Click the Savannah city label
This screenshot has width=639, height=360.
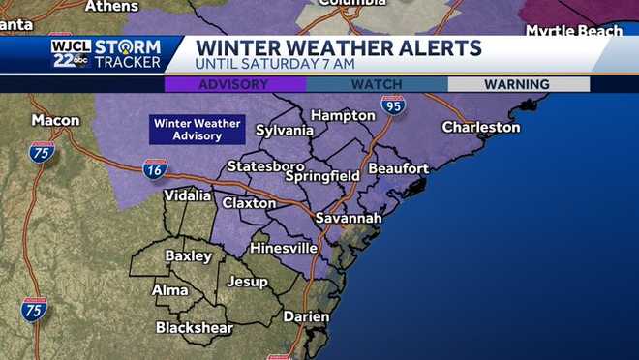click(349, 219)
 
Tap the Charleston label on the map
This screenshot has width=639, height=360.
click(481, 127)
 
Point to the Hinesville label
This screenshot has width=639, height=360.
click(284, 248)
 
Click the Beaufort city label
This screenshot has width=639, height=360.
click(398, 168)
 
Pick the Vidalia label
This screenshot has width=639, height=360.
click(188, 195)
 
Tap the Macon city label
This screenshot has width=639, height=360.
click(55, 121)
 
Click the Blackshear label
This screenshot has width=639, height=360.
click(195, 327)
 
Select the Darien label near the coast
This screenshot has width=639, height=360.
click(306, 316)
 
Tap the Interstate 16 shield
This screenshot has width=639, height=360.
click(155, 169)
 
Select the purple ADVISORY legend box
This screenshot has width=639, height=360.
click(233, 84)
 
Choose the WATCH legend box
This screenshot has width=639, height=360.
click(377, 84)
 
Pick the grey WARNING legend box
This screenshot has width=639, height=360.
click(517, 84)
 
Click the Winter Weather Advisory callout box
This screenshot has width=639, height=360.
click(197, 130)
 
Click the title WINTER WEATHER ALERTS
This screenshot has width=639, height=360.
click(338, 47)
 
